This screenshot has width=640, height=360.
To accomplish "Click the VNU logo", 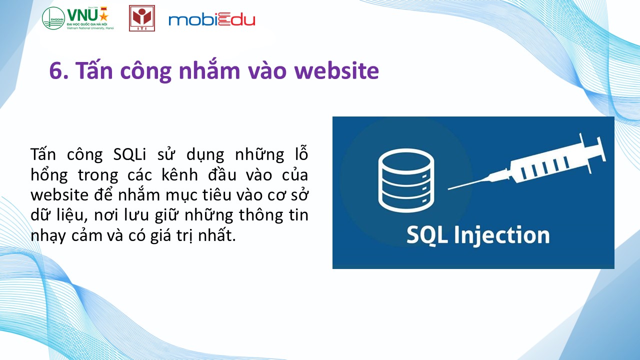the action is pos(78,18).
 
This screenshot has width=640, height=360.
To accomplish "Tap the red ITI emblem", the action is pos(142,18).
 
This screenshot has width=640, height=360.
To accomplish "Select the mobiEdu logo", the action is pos(211,19).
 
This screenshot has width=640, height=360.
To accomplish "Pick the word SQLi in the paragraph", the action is pos(129,154).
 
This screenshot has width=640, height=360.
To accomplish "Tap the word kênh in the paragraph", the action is pos(179,174).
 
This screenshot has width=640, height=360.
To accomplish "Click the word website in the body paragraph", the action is pos(59,195).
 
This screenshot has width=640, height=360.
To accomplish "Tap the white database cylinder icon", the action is pos(406,180).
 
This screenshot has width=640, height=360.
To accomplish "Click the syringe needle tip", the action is pos(448,189).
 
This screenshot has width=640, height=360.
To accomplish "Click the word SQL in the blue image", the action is pos(427,235).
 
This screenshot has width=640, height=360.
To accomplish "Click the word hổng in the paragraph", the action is pos(49,175).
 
